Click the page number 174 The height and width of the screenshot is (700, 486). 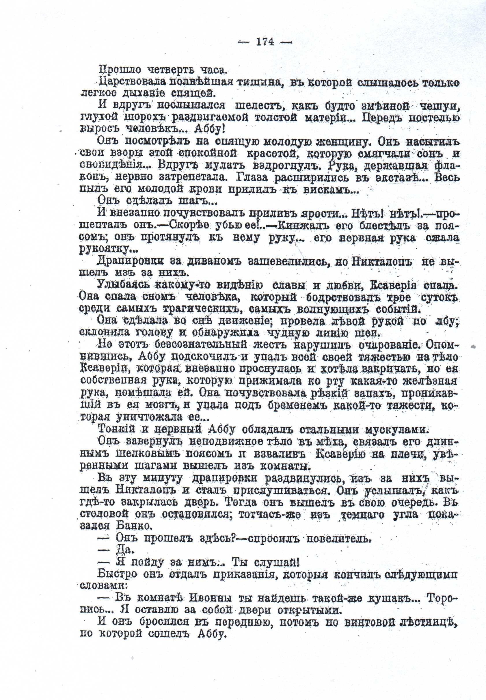[x=265, y=42]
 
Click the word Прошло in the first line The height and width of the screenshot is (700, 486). [x=120, y=70]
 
